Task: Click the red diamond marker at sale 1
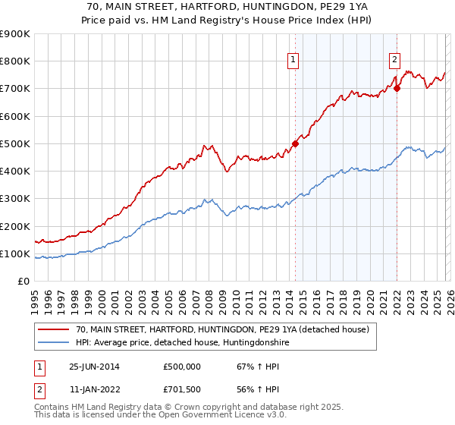pyautogui.click(x=296, y=143)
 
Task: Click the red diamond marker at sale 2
pyautogui.click(x=397, y=88)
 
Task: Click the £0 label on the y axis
pyautogui.click(x=23, y=282)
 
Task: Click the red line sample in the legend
pyautogui.click(x=53, y=330)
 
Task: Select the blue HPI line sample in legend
pyautogui.click(x=53, y=343)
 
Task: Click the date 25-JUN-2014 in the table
pyautogui.click(x=94, y=367)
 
